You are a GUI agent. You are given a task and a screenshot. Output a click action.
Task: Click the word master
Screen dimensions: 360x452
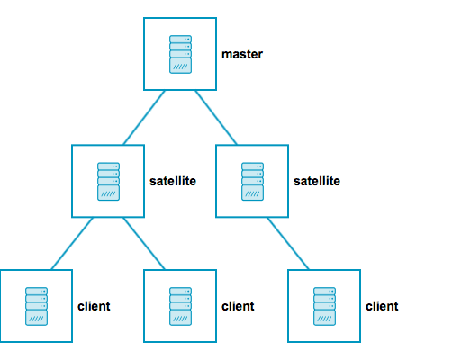[x=242, y=55]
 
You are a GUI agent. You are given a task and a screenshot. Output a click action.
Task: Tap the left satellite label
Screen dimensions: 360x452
[x=173, y=181]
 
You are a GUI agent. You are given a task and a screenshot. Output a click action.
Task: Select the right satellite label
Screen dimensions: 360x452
[x=317, y=181]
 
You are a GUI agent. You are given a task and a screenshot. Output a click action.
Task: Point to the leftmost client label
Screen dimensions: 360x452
[x=95, y=306]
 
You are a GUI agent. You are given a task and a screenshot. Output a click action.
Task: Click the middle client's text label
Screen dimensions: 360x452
[x=239, y=306]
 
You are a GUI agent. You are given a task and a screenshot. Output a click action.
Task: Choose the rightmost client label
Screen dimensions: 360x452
[x=382, y=306]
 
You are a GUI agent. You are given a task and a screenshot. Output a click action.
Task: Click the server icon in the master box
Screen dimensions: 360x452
[x=181, y=54]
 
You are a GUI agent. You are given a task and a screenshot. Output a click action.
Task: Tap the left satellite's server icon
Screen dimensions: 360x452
[x=109, y=180]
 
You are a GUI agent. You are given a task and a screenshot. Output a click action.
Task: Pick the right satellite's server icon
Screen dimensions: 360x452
[x=253, y=180]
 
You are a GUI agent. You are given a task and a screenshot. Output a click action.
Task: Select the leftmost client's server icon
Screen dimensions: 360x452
[x=37, y=306]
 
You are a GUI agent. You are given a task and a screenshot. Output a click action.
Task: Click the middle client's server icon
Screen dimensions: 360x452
[x=181, y=306]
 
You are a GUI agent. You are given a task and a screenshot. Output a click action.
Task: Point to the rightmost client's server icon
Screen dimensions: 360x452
[x=325, y=306]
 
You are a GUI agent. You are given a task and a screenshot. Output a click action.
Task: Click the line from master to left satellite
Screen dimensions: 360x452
[x=145, y=117]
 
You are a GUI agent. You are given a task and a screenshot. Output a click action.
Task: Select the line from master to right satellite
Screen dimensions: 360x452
[x=217, y=117]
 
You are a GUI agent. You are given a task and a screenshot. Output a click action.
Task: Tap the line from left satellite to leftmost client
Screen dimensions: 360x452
[x=73, y=243]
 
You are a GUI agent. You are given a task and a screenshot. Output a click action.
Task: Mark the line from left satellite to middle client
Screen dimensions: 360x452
[x=145, y=243]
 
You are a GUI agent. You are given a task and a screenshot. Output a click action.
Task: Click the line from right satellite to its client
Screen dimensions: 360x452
[x=289, y=243]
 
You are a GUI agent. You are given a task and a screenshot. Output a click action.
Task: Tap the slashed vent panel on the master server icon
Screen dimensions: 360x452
[x=181, y=67]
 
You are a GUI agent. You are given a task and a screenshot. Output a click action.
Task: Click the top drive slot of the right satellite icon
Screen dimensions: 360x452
[x=253, y=166]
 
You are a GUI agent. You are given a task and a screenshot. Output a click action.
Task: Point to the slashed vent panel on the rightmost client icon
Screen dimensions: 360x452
[x=325, y=319]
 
